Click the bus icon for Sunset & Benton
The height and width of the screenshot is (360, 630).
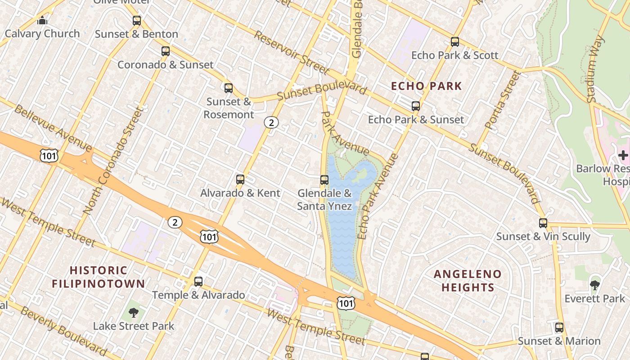[x=137, y=21]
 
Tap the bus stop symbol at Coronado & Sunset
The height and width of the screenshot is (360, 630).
[x=166, y=51]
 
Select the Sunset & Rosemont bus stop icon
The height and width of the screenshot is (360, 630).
[x=229, y=88]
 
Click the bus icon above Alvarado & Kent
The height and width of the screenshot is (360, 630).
[x=240, y=180]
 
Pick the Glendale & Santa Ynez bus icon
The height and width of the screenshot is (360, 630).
[x=324, y=180]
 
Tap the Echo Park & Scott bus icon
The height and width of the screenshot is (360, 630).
[x=455, y=42]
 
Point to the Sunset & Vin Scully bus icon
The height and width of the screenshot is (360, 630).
[x=543, y=223]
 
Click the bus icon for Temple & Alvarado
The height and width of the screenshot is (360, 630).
[x=198, y=282]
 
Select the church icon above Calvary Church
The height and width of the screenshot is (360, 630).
[x=42, y=20]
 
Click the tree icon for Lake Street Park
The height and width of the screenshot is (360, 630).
[x=133, y=312]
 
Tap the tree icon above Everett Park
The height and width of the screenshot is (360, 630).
[x=595, y=285]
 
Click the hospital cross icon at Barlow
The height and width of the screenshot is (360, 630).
[x=623, y=155]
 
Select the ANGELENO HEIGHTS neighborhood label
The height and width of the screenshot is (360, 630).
[x=468, y=280]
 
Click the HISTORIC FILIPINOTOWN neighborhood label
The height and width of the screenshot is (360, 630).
[x=98, y=277]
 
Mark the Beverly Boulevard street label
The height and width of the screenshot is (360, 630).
[x=63, y=330]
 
